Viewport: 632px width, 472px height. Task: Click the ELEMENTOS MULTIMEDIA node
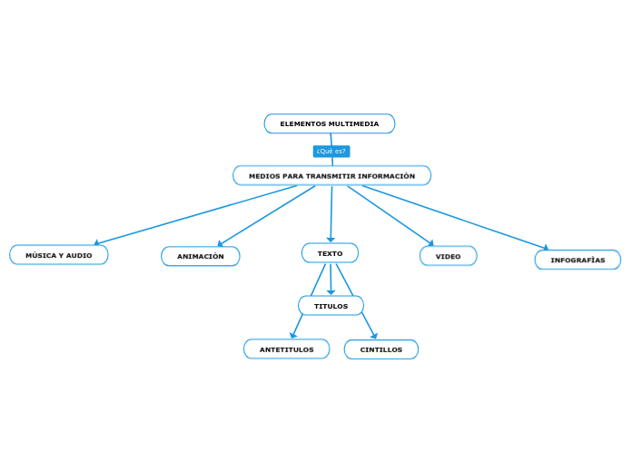pyautogui.click(x=329, y=123)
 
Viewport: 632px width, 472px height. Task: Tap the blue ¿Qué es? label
pyautogui.click(x=331, y=151)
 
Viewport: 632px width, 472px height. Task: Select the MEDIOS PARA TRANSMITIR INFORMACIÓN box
pyautogui.click(x=331, y=175)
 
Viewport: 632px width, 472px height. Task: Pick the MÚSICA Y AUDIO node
pyautogui.click(x=59, y=255)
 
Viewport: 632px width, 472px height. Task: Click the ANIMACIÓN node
pyautogui.click(x=200, y=256)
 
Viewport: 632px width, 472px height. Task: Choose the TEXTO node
pyautogui.click(x=330, y=253)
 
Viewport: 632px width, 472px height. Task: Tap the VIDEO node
pyautogui.click(x=448, y=256)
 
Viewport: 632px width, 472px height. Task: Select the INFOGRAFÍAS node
pyautogui.click(x=578, y=260)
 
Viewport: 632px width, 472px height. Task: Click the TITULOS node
pyautogui.click(x=331, y=306)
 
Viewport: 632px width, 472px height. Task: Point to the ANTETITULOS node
pyautogui.click(x=286, y=349)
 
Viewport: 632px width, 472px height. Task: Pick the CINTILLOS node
pyautogui.click(x=380, y=349)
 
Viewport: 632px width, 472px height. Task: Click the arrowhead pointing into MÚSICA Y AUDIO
pyautogui.click(x=97, y=242)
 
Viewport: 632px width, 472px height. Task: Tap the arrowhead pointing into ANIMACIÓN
pyautogui.click(x=221, y=242)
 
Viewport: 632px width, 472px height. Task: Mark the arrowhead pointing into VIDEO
pyautogui.click(x=430, y=243)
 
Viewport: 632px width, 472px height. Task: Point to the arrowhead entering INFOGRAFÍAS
pyautogui.click(x=545, y=247)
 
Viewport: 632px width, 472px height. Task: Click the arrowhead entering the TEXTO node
pyautogui.click(x=331, y=239)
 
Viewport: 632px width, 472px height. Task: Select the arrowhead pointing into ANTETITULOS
pyautogui.click(x=293, y=336)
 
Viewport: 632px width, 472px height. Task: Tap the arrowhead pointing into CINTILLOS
pyautogui.click(x=373, y=336)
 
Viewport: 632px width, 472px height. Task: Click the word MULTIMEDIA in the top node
pyautogui.click(x=353, y=123)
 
